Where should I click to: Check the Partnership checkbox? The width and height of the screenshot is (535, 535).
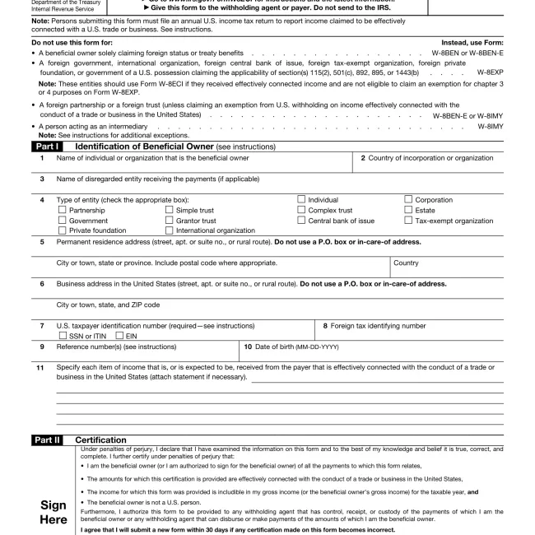(x=63, y=211)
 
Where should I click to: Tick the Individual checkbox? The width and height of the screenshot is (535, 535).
(x=301, y=200)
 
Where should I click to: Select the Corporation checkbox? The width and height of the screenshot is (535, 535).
(x=408, y=200)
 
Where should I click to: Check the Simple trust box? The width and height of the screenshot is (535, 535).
(x=170, y=211)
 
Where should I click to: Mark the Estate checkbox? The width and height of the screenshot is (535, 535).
(x=408, y=211)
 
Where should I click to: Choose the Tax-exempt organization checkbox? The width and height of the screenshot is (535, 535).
(x=408, y=221)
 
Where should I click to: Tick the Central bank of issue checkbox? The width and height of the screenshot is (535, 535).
(x=301, y=221)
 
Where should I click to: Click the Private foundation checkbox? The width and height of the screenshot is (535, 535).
(x=63, y=231)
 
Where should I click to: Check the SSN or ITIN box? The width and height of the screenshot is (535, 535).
(x=63, y=336)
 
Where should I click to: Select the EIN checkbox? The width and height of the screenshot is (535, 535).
(x=119, y=336)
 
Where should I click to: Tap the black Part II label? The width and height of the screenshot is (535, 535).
(x=47, y=440)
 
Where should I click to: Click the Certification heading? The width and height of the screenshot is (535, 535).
(x=100, y=440)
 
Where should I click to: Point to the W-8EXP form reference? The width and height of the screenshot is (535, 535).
(x=490, y=72)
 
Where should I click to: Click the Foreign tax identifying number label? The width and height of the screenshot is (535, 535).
(x=374, y=326)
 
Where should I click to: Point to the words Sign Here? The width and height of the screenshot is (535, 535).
(x=53, y=512)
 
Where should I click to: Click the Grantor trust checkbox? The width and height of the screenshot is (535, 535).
(x=170, y=221)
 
